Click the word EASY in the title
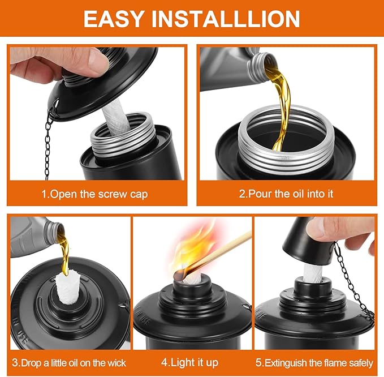pos(113,19)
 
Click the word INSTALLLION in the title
pos(226,19)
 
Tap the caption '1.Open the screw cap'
pos(94,194)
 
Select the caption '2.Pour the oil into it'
pos(286,194)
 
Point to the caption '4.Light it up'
pos(189,362)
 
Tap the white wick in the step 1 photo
pos(115,118)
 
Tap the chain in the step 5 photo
pos(353,282)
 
